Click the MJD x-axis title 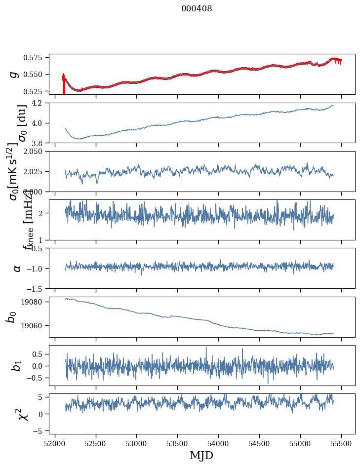tap(202, 455)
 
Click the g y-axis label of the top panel tap(15, 74)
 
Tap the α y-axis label tap(17, 268)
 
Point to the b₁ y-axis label tap(17, 365)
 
